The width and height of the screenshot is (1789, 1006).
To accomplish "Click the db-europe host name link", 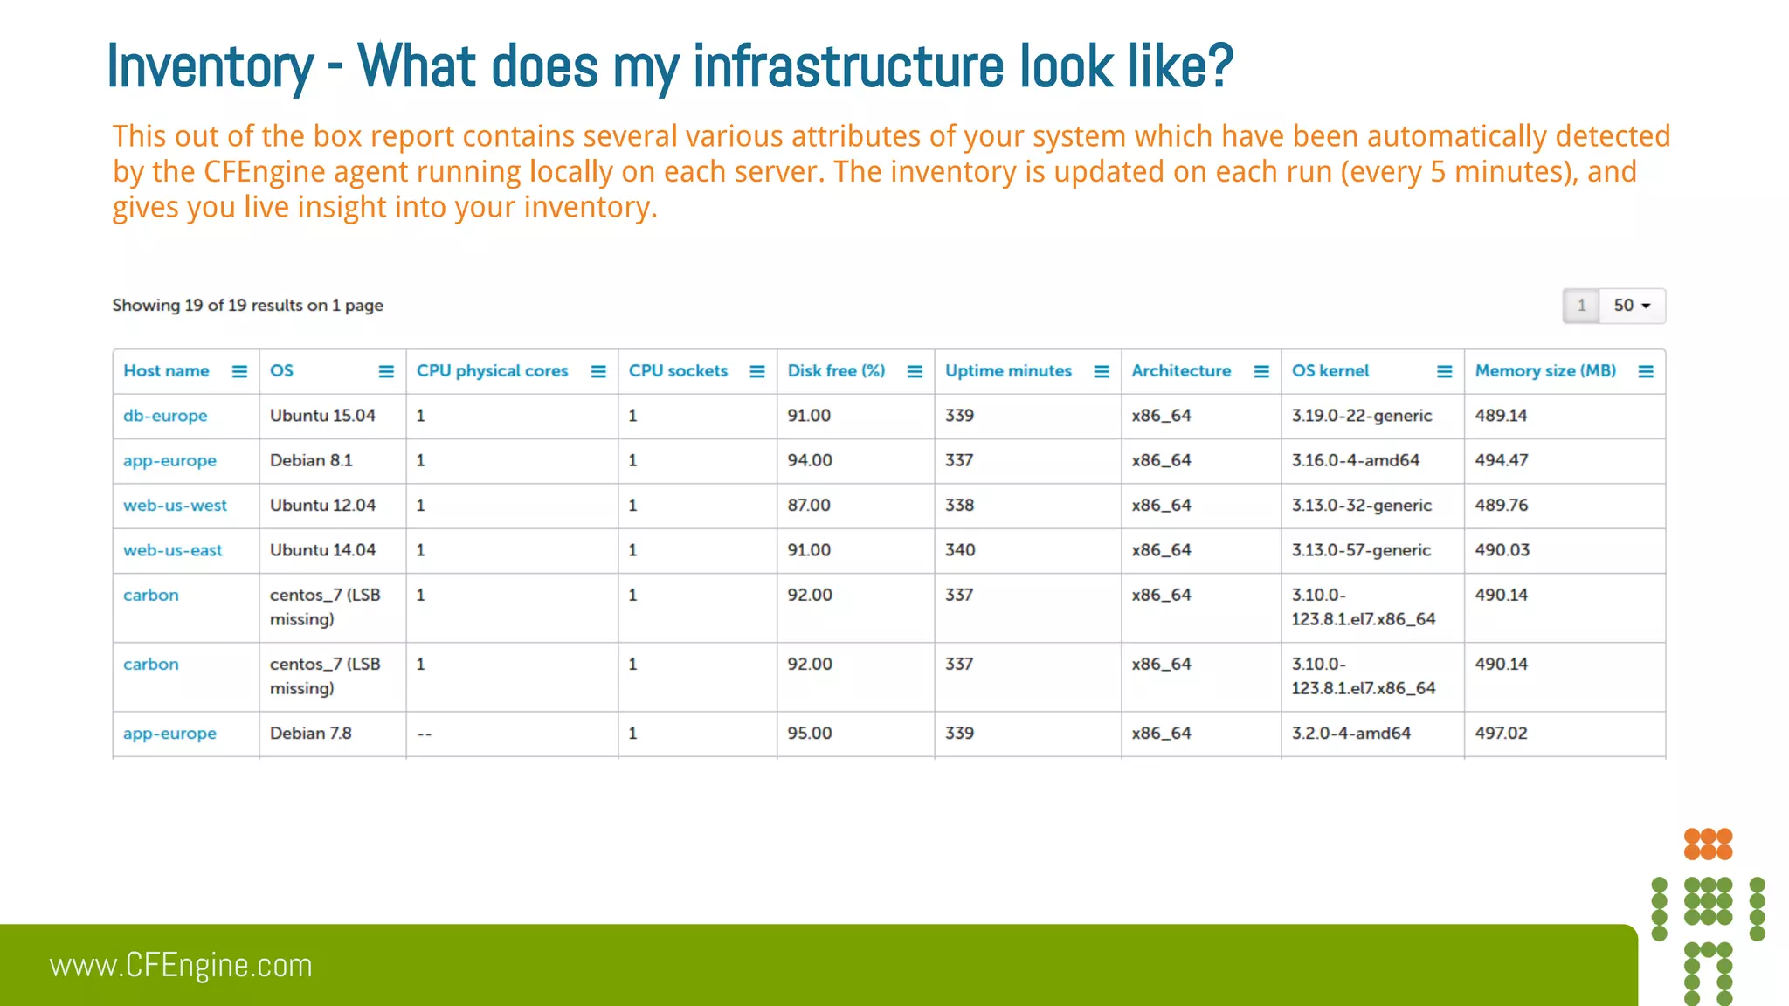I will click(x=165, y=416).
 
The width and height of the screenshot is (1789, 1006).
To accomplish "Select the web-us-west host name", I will click(x=175, y=506).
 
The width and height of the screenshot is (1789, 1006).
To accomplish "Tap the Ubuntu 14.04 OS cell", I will click(x=322, y=550).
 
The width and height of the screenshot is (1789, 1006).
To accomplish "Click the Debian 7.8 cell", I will click(x=310, y=734).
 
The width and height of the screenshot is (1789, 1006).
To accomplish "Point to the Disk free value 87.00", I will click(x=808, y=506).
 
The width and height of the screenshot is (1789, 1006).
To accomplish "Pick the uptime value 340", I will click(x=959, y=550).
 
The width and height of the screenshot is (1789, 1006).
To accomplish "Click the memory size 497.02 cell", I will click(x=1501, y=734).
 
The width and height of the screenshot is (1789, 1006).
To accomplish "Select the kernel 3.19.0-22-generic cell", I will click(x=1361, y=416).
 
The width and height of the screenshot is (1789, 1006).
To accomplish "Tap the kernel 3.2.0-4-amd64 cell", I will click(x=1350, y=734).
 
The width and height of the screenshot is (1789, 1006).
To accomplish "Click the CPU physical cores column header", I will click(x=492, y=371).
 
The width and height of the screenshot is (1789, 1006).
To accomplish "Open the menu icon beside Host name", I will click(x=239, y=372).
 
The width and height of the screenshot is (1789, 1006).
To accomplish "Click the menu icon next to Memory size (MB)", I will click(x=1646, y=372).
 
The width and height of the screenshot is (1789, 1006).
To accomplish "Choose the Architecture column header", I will click(x=1181, y=371).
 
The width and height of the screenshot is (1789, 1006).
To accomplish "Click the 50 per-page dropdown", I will click(x=1632, y=306).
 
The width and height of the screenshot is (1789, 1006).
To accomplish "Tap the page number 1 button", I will click(x=1581, y=306).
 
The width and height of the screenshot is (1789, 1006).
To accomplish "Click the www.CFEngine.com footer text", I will click(x=181, y=966).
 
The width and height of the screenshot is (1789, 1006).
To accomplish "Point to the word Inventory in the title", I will click(x=210, y=66).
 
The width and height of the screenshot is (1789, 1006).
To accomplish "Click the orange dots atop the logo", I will click(x=1708, y=844).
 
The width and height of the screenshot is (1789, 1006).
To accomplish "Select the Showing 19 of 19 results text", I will click(x=247, y=306).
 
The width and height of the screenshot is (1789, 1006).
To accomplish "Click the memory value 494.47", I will click(x=1501, y=460).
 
